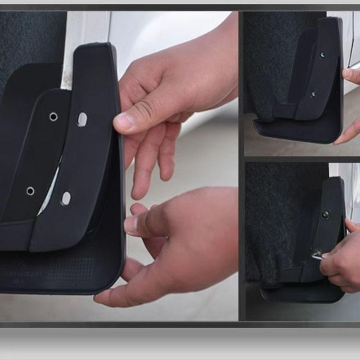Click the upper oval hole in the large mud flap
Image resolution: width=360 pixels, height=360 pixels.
(82, 119)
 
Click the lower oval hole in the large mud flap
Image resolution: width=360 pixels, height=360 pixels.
(66, 198)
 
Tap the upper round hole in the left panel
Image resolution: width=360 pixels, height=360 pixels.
(54, 117)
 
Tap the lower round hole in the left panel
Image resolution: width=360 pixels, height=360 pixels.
(30, 191)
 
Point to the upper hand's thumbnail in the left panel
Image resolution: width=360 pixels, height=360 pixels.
(122, 122)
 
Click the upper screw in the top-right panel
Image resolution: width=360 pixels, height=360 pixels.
(323, 55)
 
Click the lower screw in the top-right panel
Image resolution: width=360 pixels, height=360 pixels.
(313, 94)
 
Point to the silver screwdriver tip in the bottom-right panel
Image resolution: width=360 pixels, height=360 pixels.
(316, 256)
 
